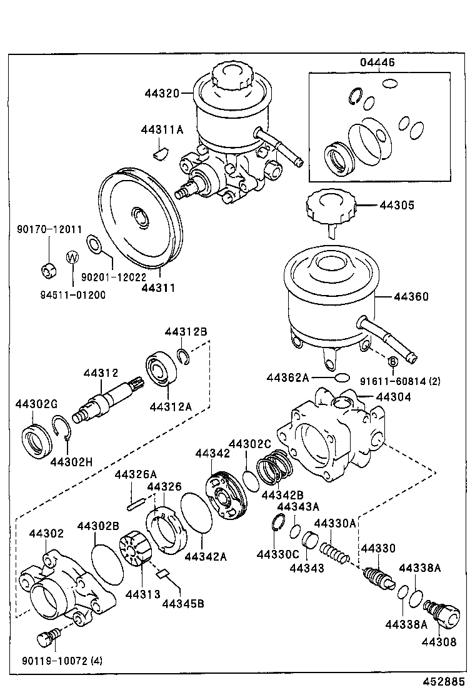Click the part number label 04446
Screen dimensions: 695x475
click(x=377, y=63)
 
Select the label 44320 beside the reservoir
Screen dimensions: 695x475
click(x=161, y=94)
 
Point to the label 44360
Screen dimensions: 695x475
click(x=411, y=297)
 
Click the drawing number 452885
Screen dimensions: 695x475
click(x=446, y=681)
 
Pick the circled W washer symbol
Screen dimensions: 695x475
click(x=72, y=257)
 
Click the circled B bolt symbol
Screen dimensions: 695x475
click(x=393, y=362)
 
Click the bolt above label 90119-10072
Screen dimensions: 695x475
click(x=47, y=637)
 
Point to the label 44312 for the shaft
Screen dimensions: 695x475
click(x=101, y=373)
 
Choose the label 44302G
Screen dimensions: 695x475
click(x=36, y=404)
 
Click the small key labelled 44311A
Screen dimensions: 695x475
click(x=161, y=151)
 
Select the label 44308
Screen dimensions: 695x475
click(x=439, y=641)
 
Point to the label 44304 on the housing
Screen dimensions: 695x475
click(x=393, y=397)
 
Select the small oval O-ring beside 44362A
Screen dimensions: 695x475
click(x=341, y=378)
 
